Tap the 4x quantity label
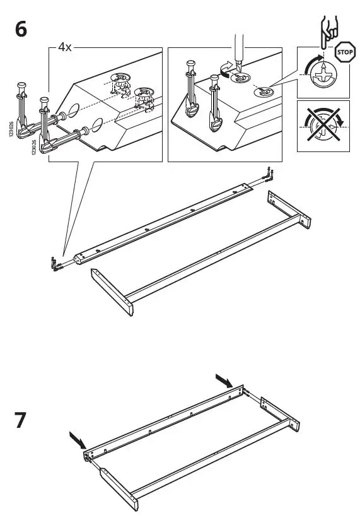tap(64, 47)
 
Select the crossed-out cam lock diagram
tap(323, 126)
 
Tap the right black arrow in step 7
tap(224, 380)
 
